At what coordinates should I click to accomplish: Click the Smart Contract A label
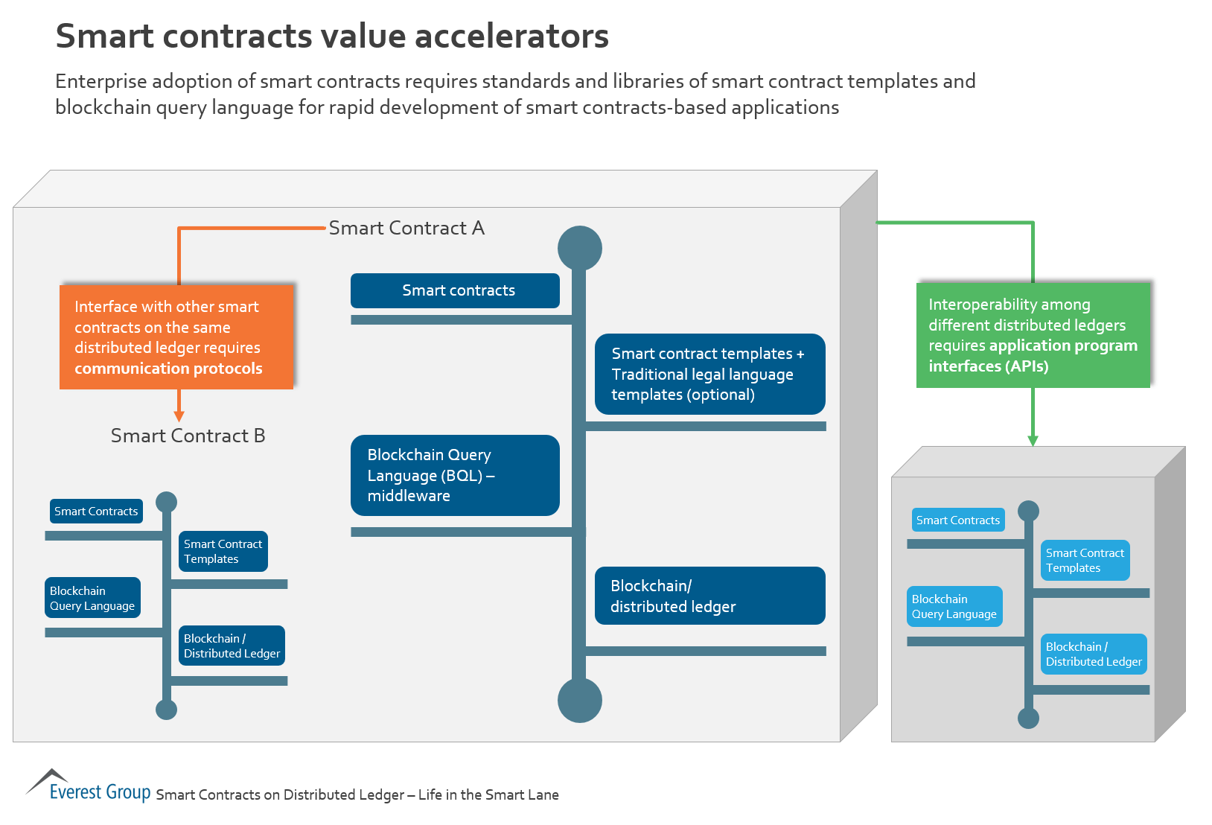[406, 228]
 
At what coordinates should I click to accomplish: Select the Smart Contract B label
[188, 436]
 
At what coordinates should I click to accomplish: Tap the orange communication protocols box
[176, 337]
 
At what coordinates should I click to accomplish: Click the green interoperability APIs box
[1033, 335]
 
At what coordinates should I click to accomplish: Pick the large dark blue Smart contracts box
[455, 290]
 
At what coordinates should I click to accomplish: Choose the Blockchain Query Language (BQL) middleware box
[455, 475]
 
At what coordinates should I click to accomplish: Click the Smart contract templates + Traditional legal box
[709, 374]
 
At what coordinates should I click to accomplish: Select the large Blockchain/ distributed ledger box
[709, 596]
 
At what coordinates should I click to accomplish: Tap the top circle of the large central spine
[580, 248]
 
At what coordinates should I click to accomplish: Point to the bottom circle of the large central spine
[580, 701]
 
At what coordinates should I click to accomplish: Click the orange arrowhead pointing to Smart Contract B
[179, 415]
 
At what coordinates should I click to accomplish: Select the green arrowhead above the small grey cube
[1033, 440]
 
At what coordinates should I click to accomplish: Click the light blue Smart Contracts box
[957, 520]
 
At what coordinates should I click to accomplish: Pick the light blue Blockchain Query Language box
[954, 606]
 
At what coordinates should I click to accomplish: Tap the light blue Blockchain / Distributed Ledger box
[1093, 654]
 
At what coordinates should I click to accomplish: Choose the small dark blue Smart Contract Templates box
[223, 551]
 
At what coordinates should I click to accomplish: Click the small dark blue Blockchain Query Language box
[92, 598]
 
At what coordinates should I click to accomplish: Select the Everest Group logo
[89, 787]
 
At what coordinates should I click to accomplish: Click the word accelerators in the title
[511, 36]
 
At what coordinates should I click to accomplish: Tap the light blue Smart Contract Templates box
[1085, 560]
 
